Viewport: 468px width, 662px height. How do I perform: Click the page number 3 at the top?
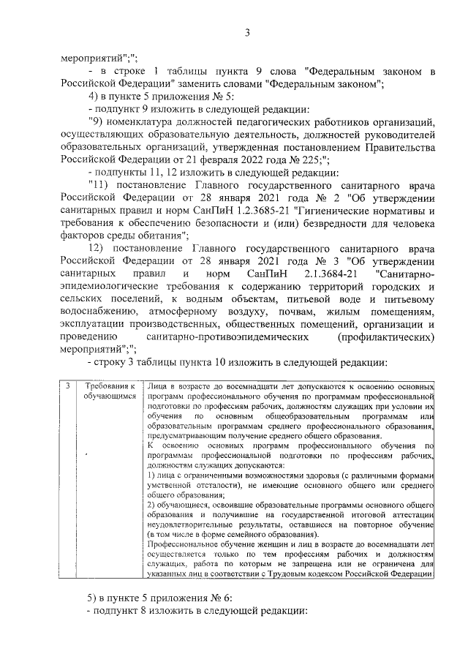pos(247,31)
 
